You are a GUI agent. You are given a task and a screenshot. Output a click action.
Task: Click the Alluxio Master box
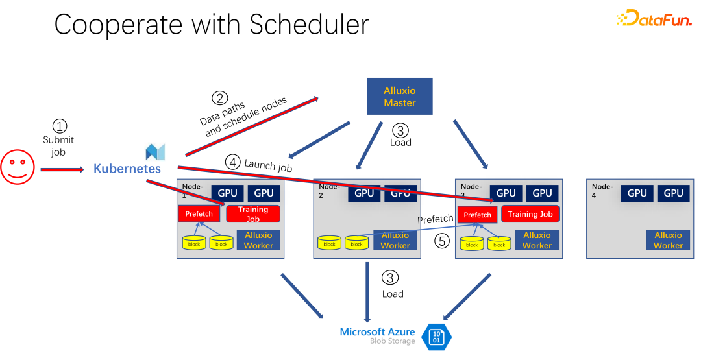point(399,97)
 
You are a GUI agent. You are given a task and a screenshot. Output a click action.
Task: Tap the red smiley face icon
point(17,168)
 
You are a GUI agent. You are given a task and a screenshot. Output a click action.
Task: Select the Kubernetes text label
point(127,169)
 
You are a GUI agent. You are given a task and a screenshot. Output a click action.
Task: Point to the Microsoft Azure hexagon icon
point(436,337)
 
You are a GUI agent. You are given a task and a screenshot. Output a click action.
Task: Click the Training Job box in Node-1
point(253,214)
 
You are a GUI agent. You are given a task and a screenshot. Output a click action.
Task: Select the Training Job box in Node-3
point(530,214)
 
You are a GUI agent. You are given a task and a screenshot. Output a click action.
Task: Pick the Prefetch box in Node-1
point(199,214)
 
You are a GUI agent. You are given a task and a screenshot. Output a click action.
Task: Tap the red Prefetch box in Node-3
point(477,215)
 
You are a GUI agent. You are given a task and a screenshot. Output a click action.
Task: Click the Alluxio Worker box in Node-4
point(668,240)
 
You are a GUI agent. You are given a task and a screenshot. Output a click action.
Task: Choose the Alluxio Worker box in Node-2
point(395,240)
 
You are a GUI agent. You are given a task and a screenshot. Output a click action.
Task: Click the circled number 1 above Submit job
point(59,126)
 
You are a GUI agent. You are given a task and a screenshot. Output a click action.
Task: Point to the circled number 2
point(221,99)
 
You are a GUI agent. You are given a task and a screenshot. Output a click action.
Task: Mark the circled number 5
point(442,241)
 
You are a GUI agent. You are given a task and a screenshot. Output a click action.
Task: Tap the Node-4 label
point(602,190)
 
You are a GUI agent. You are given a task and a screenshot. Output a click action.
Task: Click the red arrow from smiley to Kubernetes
point(62,169)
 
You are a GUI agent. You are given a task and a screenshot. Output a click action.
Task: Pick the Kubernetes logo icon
point(155,152)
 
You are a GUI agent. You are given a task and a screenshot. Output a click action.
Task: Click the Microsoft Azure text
point(377,332)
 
